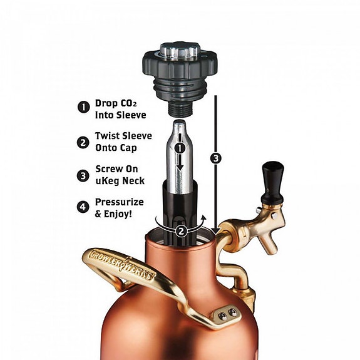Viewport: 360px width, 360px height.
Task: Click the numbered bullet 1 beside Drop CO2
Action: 83,107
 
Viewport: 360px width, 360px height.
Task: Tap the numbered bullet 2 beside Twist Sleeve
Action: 83,142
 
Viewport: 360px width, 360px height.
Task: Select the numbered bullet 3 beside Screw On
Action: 83,176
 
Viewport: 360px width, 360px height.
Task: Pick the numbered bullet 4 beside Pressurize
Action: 83,207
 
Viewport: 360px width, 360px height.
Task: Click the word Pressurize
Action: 120,202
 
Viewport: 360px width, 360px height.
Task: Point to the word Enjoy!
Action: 118,214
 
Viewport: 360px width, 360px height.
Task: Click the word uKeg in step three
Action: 107,181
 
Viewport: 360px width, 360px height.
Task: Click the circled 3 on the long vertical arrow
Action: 216,158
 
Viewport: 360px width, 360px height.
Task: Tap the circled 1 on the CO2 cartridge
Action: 180,148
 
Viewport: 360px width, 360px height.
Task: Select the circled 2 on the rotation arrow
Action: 181,231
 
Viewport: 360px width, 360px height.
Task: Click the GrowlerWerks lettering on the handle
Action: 121,265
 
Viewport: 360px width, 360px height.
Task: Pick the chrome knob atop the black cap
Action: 180,50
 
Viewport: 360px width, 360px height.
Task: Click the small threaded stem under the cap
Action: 180,110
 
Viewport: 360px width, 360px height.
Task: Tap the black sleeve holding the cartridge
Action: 180,211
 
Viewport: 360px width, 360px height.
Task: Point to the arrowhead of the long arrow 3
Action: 216,231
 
